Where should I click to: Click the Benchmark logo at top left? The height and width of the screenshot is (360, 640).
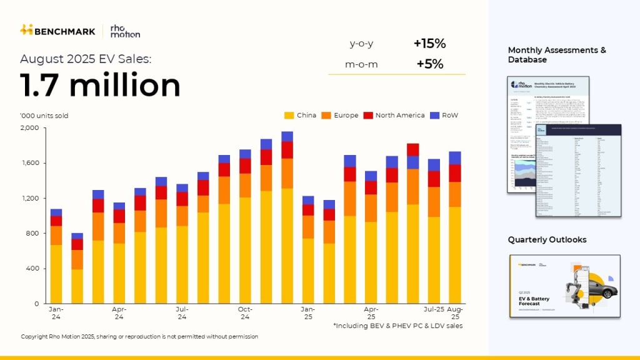(x=57, y=30)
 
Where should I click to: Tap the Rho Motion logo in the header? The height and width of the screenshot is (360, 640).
(x=125, y=31)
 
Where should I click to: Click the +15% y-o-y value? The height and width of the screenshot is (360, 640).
(x=429, y=44)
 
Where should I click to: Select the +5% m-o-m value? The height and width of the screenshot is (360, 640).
(x=429, y=64)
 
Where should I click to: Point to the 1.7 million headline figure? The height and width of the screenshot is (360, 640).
(x=100, y=86)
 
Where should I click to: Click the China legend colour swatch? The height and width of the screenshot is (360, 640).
(x=289, y=116)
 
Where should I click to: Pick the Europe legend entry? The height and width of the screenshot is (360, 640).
(x=340, y=116)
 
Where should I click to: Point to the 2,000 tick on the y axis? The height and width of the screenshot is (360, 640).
(x=30, y=128)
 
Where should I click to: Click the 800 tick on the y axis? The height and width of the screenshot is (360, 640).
(x=32, y=234)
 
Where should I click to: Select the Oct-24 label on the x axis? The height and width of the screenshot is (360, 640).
(x=245, y=312)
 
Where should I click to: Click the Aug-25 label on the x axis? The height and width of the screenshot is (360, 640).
(x=454, y=312)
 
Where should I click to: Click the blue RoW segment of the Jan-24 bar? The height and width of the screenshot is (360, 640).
(x=56, y=212)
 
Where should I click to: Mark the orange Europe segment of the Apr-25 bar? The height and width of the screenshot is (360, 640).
(x=371, y=208)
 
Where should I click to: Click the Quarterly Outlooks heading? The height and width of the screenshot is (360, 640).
(x=547, y=240)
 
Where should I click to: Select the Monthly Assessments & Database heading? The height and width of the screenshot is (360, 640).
(x=557, y=55)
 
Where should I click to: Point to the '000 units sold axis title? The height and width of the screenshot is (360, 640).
(x=44, y=116)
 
